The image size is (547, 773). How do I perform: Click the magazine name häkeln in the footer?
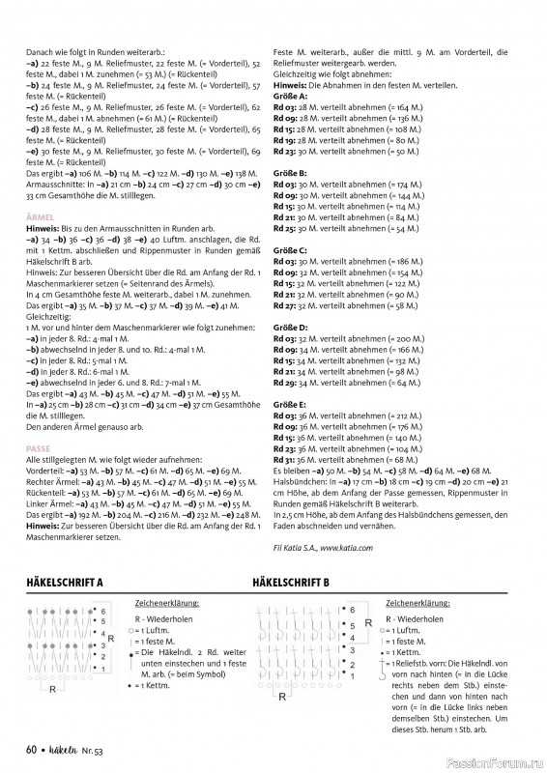67,749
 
